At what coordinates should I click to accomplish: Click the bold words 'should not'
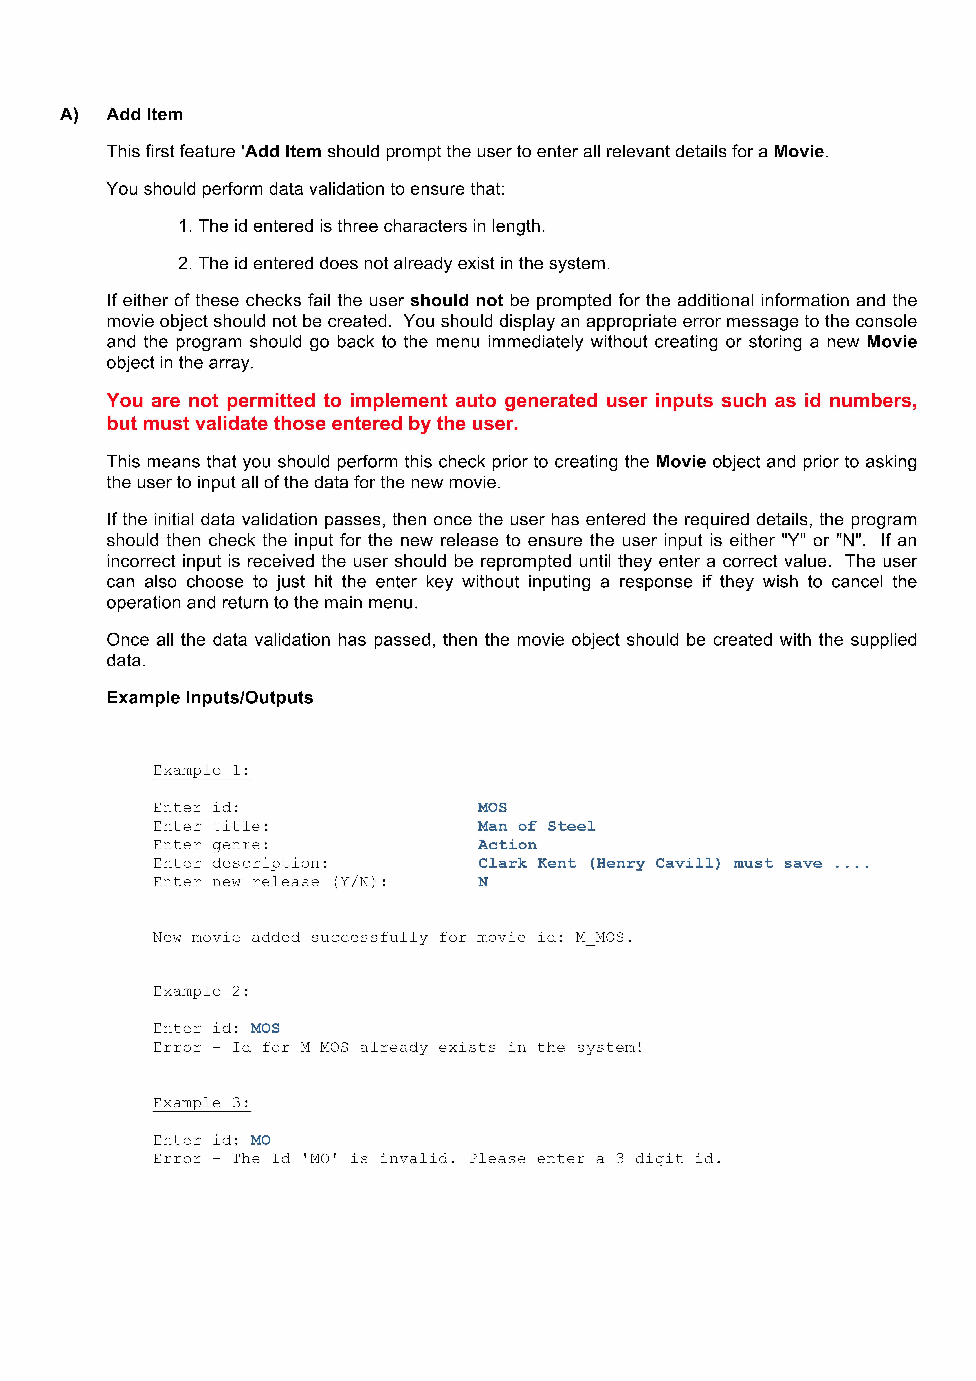pos(456,301)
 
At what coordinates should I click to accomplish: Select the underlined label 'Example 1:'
pos(201,770)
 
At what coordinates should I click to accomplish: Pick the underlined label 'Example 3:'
pos(201,1103)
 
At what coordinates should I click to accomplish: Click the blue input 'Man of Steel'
pos(536,826)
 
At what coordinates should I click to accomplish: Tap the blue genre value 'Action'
pos(507,845)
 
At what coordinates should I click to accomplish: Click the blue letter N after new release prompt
pos(483,882)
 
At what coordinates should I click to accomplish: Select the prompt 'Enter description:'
pos(241,864)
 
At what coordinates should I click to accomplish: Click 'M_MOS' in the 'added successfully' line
pos(600,938)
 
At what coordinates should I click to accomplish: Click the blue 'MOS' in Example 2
pos(265,1029)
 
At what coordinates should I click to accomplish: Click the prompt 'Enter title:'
pos(211,826)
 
